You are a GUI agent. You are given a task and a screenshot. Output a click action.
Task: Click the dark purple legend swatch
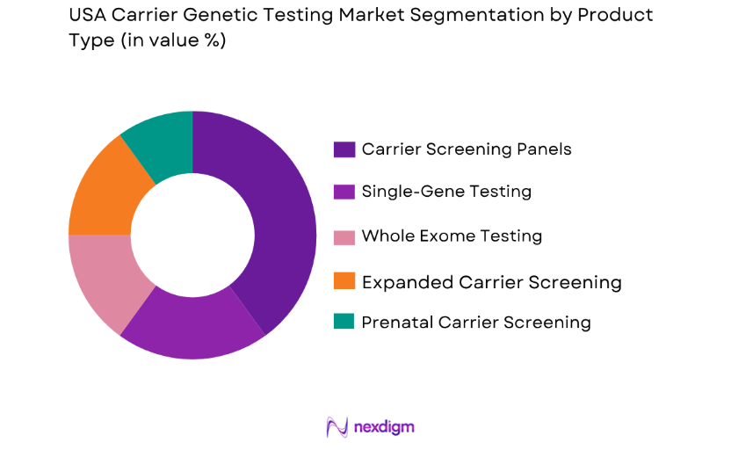tap(344, 149)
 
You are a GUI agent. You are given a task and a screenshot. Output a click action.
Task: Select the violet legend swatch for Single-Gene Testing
tap(344, 192)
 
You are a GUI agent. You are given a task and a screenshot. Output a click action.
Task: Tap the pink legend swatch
tap(344, 236)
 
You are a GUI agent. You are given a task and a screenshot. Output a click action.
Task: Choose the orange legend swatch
tap(344, 282)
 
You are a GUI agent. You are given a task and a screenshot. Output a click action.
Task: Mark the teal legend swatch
tap(344, 323)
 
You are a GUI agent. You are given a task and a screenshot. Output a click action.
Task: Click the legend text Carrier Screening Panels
tap(467, 149)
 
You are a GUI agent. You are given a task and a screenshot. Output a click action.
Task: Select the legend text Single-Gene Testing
tap(446, 192)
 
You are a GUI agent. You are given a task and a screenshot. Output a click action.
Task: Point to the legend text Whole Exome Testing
tap(452, 236)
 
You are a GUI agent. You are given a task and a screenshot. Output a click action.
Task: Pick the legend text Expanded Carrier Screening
tap(491, 282)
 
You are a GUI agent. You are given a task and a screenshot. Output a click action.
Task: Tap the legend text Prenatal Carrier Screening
tap(476, 323)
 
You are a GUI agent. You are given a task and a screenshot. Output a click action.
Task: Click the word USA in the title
tap(89, 17)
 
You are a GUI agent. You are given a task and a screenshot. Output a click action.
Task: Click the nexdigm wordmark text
tap(384, 427)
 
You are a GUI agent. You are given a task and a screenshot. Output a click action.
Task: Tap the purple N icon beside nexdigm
tap(337, 427)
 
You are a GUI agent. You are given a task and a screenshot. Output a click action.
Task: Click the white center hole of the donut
tap(192, 235)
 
